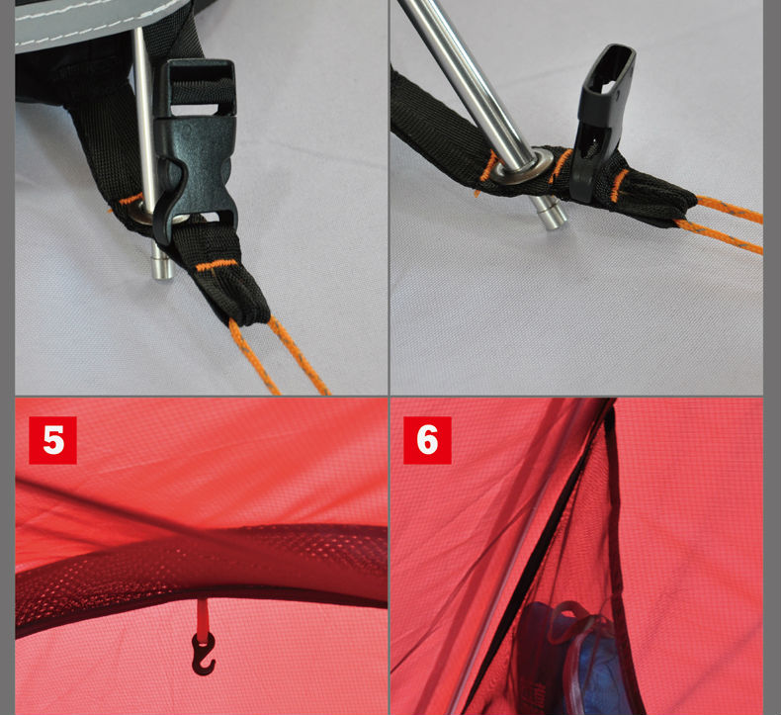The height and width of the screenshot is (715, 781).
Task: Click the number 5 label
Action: (52, 440)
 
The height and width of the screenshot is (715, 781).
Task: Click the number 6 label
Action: (427, 440)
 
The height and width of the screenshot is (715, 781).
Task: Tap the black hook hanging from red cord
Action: (204, 654)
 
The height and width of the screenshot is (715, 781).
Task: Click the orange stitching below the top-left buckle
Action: (217, 265)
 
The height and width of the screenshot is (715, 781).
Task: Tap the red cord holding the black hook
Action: (203, 618)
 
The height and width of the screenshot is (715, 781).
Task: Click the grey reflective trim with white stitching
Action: (95, 23)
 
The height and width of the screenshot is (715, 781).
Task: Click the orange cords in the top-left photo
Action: (279, 354)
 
